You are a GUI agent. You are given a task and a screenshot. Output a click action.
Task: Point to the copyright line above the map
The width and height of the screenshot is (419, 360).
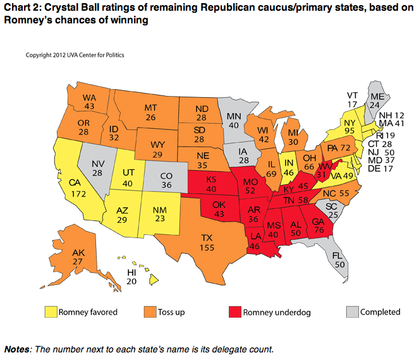[74, 55]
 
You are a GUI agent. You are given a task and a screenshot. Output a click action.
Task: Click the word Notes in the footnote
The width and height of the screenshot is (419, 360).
[18, 349]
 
